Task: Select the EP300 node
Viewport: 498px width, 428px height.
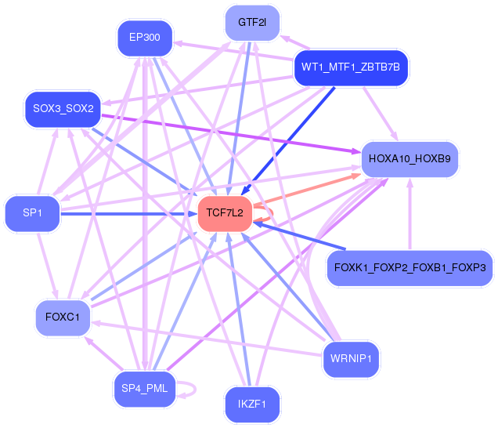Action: coord(145,38)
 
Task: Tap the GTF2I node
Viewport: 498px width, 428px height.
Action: coord(252,23)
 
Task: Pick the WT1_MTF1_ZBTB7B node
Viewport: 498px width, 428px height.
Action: coord(350,67)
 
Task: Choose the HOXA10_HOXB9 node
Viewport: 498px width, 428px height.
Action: coord(410,159)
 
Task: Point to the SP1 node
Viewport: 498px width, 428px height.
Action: coord(32,212)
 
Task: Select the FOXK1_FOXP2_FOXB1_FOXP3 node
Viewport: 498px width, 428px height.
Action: coord(410,268)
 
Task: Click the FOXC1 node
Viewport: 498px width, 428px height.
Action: coord(63,317)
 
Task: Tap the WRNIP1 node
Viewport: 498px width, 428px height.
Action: coord(351,360)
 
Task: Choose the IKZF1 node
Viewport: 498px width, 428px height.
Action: coord(252,404)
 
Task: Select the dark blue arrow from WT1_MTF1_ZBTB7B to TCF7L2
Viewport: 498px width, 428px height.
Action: coord(290,137)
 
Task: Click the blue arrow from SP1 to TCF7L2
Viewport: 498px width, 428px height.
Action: coord(125,212)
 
